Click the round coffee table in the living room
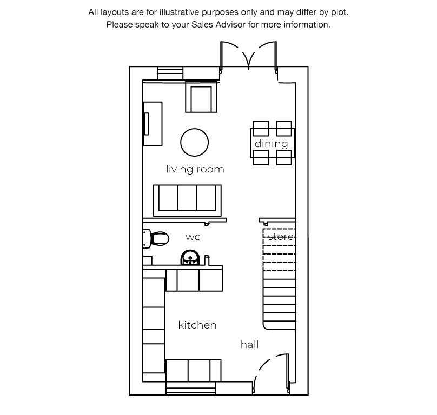[195, 142]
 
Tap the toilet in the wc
[156, 239]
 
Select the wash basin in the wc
[190, 257]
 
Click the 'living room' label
[195, 169]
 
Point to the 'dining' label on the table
[271, 144]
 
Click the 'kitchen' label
[197, 325]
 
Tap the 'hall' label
[250, 345]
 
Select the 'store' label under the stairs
[280, 237]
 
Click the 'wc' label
[193, 237]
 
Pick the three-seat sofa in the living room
[187, 200]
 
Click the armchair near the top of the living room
[201, 97]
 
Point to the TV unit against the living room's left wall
[153, 124]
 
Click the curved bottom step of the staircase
[279, 325]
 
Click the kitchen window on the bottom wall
[190, 389]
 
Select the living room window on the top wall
[170, 73]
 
